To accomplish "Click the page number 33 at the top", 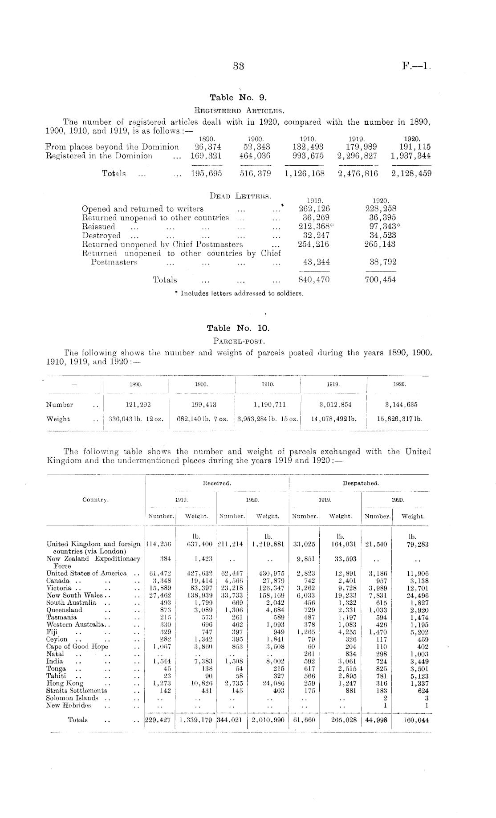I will pyautogui.click(x=239, y=66).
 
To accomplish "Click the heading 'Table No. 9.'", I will pyautogui.click(x=238, y=97).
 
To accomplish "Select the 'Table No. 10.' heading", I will pyautogui.click(x=238, y=328).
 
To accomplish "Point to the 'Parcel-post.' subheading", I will pyautogui.click(x=239, y=342).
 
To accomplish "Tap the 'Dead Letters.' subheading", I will pyautogui.click(x=240, y=196).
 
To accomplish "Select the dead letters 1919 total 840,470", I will pyautogui.click(x=313, y=280).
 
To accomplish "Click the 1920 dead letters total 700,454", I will pyautogui.click(x=380, y=280).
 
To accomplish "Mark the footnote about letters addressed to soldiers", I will pyautogui.click(x=240, y=293).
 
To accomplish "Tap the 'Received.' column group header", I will pyautogui.click(x=216, y=483).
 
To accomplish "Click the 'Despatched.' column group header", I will pyautogui.click(x=361, y=483).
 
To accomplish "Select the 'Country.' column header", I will pyautogui.click(x=95, y=500).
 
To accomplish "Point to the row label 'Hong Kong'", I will pyautogui.click(x=65, y=683).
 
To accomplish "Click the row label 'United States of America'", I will pyautogui.click(x=86, y=573).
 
